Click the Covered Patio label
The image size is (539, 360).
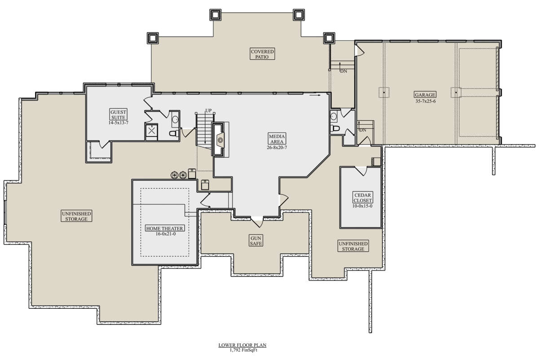coord(262,54)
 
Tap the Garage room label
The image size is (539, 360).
coord(425,95)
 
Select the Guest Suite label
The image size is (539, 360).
coord(118,115)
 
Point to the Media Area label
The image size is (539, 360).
coord(277,139)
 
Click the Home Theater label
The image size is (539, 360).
coord(164,228)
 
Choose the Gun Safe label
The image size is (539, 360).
coord(256,241)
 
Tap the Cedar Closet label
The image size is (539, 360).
coord(362,198)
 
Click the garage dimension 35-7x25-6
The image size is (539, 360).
coord(425,101)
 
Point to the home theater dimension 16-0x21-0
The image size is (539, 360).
coord(166,234)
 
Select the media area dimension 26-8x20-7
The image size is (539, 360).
coord(277,147)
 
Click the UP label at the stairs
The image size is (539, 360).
coord(208,110)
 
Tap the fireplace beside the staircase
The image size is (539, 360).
coord(220,140)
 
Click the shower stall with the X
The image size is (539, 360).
coord(151,131)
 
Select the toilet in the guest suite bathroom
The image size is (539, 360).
coord(174,133)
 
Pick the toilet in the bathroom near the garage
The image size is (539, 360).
coord(335,128)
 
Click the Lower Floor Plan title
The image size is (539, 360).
coord(242,345)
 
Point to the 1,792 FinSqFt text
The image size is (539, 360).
coord(243,350)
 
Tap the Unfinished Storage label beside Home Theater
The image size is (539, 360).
coord(76,216)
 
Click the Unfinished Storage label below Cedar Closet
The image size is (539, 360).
coord(353,246)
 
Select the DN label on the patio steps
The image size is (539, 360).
coord(344,71)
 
